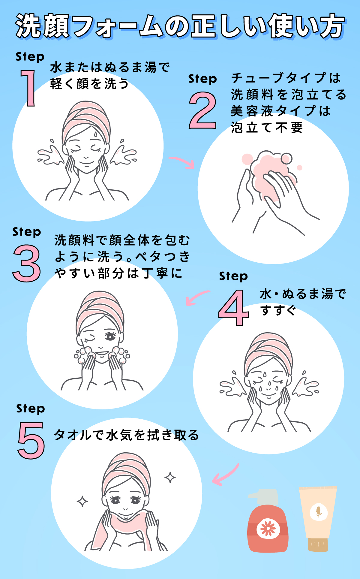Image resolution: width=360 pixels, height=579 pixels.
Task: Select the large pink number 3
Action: (x=27, y=263)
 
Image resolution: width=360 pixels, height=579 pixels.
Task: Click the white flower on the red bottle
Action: (x=268, y=529)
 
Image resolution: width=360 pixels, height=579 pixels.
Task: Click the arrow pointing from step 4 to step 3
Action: (x=196, y=297)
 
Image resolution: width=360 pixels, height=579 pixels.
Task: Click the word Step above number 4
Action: (x=233, y=276)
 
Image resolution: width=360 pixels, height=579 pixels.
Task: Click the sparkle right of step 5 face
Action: (x=170, y=477)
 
